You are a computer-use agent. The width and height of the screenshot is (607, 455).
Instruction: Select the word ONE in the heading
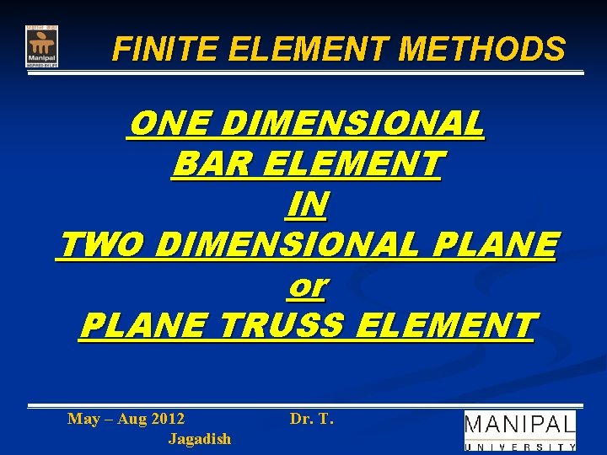(159, 125)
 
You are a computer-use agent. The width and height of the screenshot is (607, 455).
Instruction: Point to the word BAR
(204, 164)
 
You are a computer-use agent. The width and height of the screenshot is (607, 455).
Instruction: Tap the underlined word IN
(307, 205)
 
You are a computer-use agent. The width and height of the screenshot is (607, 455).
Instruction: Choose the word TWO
(101, 245)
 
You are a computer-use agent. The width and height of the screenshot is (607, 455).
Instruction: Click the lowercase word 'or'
(307, 286)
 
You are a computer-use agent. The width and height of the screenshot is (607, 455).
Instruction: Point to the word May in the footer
(83, 419)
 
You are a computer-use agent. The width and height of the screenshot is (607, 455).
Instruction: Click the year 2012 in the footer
(164, 419)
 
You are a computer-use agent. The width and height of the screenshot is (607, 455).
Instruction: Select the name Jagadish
(199, 439)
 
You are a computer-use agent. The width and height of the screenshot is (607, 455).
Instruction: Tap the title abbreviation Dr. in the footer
(301, 419)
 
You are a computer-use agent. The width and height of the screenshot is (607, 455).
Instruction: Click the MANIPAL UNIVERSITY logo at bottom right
(520, 431)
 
